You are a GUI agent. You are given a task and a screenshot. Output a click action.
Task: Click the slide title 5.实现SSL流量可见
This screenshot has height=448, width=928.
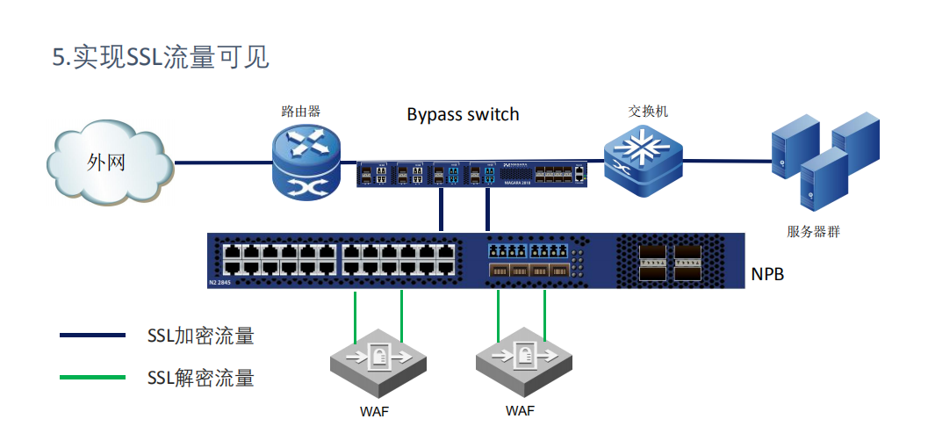coord(161,58)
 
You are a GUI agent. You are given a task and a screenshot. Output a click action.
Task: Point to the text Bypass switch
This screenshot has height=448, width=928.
coord(463,115)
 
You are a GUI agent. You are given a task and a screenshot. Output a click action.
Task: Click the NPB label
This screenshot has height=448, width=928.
coord(767,274)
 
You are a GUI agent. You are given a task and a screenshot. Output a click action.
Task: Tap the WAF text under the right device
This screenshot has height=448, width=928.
coord(520,411)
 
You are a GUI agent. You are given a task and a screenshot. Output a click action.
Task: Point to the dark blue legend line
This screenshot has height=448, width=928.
coord(92,335)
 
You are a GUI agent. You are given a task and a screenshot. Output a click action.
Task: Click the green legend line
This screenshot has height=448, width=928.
coord(92,378)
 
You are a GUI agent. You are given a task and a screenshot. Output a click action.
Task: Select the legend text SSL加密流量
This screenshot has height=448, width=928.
coord(200,336)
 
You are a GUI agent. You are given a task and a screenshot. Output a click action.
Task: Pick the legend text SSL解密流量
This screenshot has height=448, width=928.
coord(200,379)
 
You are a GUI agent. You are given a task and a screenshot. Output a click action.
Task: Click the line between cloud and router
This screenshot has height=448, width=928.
coord(220,162)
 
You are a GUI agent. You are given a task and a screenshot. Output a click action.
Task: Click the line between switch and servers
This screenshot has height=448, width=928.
coord(725,161)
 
